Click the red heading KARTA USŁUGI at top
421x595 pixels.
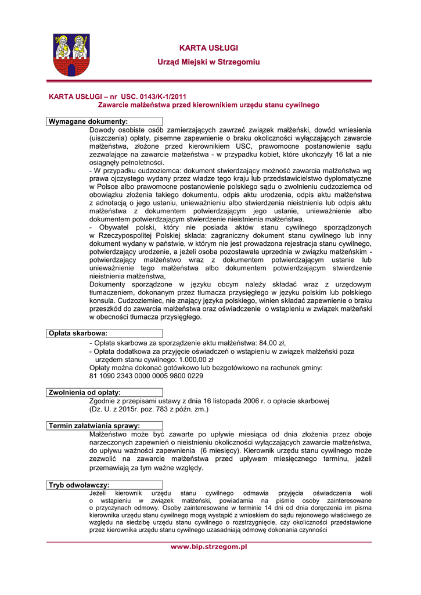pyautogui.click(x=208, y=48)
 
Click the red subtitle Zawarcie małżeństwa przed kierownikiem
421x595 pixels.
pyautogui.click(x=208, y=105)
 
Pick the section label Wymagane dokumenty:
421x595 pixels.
pyautogui.click(x=88, y=121)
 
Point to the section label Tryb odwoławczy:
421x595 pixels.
pyautogui.click(x=79, y=485)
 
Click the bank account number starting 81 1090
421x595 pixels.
pyautogui.click(x=146, y=376)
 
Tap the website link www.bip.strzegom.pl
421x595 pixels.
pyautogui.click(x=208, y=547)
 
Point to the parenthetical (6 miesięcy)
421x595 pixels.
pyautogui.click(x=221, y=450)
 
